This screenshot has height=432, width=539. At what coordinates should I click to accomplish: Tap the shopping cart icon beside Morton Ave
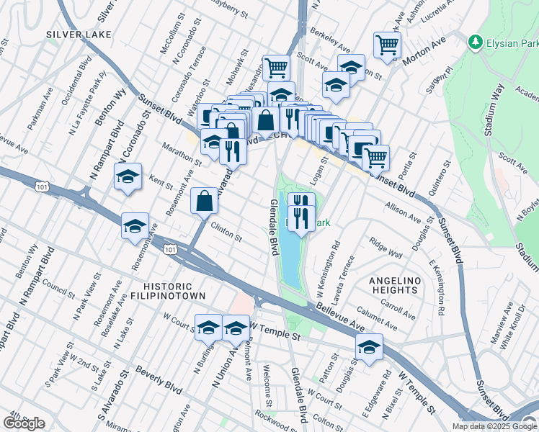[x=388, y=45]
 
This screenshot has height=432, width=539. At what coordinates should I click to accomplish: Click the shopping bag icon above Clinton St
[x=205, y=201]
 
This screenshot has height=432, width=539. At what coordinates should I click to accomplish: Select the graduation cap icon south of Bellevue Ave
[x=369, y=348]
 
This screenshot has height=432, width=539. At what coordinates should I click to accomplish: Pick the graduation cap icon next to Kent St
[x=128, y=177]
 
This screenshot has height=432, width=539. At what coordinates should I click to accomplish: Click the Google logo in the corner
[x=24, y=423]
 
